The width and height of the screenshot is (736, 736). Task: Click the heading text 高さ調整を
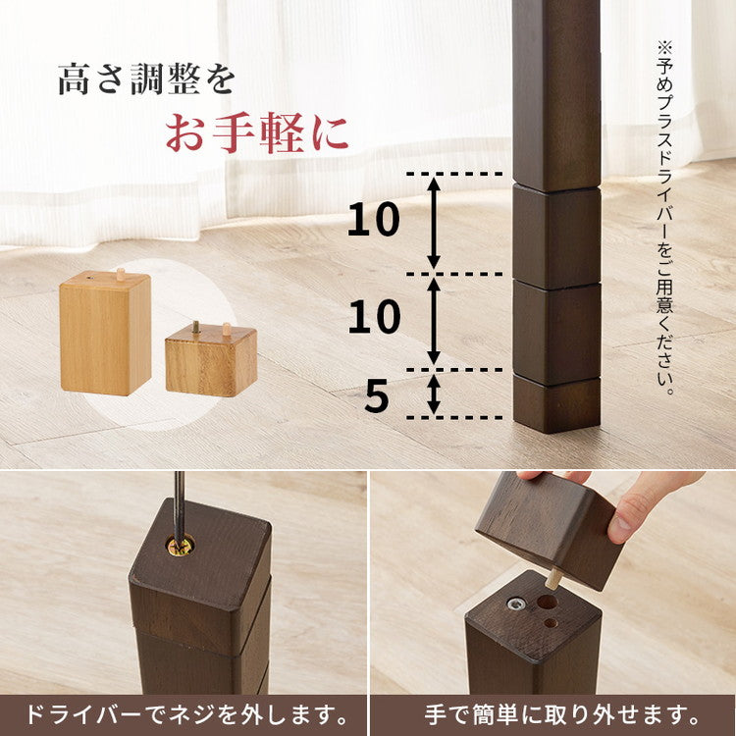pyautogui.click(x=146, y=79)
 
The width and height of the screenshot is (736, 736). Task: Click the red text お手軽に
pyautogui.click(x=257, y=133)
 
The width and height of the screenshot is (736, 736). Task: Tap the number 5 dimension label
pyautogui.click(x=377, y=395)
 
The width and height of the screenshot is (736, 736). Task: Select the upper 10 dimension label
pyautogui.click(x=374, y=222)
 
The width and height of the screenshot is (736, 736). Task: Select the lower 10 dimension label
pyautogui.click(x=374, y=318)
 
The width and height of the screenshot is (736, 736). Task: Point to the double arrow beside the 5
pyautogui.click(x=434, y=394)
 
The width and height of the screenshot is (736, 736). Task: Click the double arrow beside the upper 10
pyautogui.click(x=434, y=223)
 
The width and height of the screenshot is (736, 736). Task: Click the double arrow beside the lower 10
pyautogui.click(x=434, y=320)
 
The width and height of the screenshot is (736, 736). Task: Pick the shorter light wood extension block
pyautogui.click(x=211, y=360)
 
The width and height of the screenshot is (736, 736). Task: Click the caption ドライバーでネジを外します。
pyautogui.click(x=184, y=713)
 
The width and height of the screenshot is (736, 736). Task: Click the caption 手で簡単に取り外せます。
pyautogui.click(x=552, y=713)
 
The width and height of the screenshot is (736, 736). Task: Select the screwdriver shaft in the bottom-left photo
pyautogui.click(x=179, y=500)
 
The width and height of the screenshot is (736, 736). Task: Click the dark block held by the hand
pyautogui.click(x=551, y=526)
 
